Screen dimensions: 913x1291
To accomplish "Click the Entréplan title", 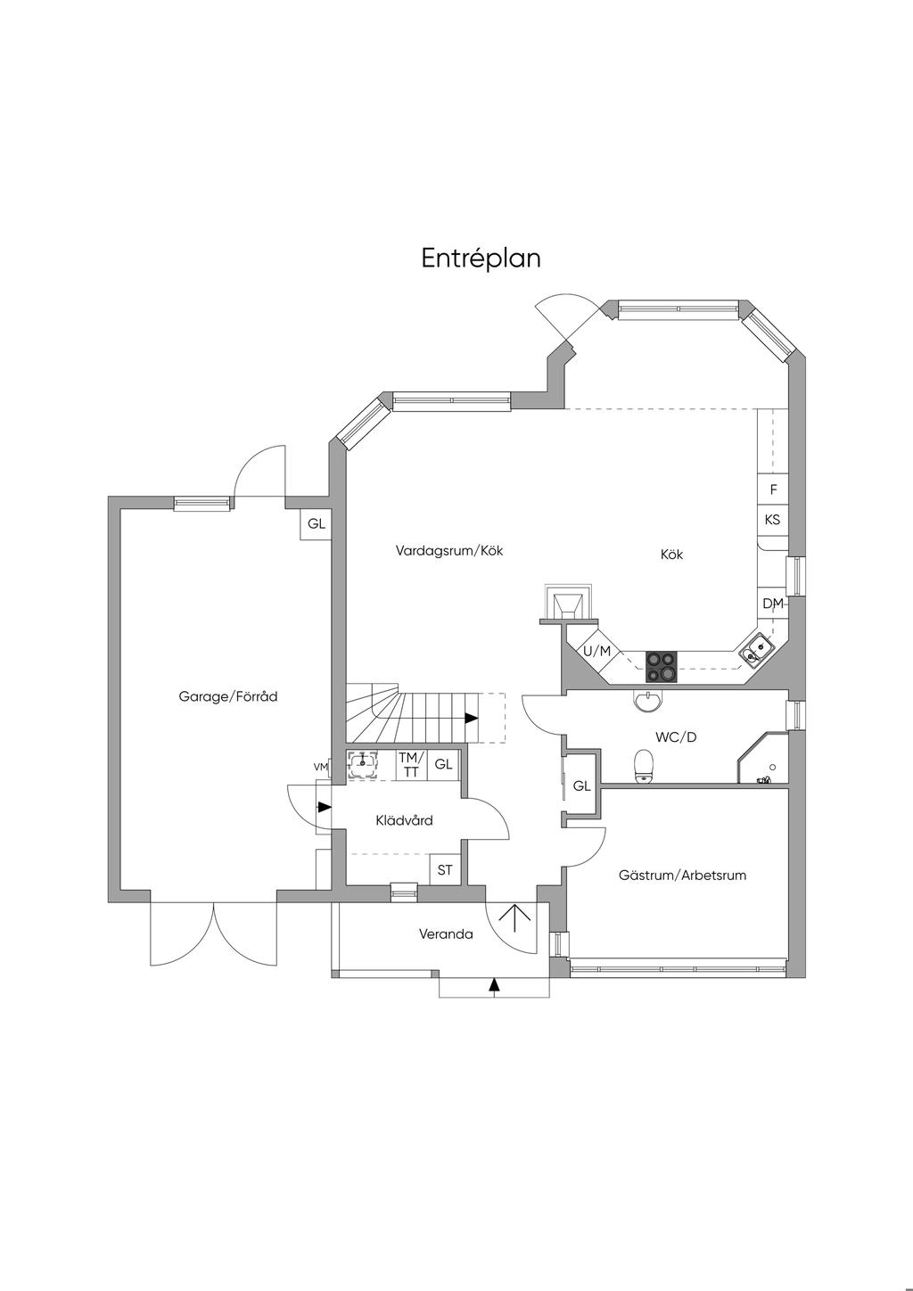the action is (481, 259).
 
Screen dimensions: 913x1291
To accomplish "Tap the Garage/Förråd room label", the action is (227, 696).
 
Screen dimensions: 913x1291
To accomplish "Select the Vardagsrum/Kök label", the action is (449, 550).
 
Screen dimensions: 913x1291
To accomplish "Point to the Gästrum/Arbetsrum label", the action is (682, 875).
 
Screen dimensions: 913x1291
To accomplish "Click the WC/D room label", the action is (676, 736).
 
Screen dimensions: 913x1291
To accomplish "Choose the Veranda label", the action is (446, 934).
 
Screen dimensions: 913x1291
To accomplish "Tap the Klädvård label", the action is (404, 820).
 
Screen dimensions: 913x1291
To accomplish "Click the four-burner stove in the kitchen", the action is (661, 666).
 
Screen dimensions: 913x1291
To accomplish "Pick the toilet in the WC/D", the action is (643, 767).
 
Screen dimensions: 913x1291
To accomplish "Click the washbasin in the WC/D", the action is (648, 701).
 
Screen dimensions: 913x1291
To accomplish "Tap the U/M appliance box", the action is (597, 652).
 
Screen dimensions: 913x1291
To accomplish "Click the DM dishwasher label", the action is (773, 604).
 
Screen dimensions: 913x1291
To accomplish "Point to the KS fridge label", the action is (772, 519).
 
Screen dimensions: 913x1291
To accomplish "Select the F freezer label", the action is (773, 489).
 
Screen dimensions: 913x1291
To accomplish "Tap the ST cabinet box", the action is (445, 869).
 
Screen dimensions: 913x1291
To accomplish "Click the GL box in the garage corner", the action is (317, 524).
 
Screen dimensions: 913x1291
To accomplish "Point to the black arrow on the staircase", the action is (472, 718).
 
